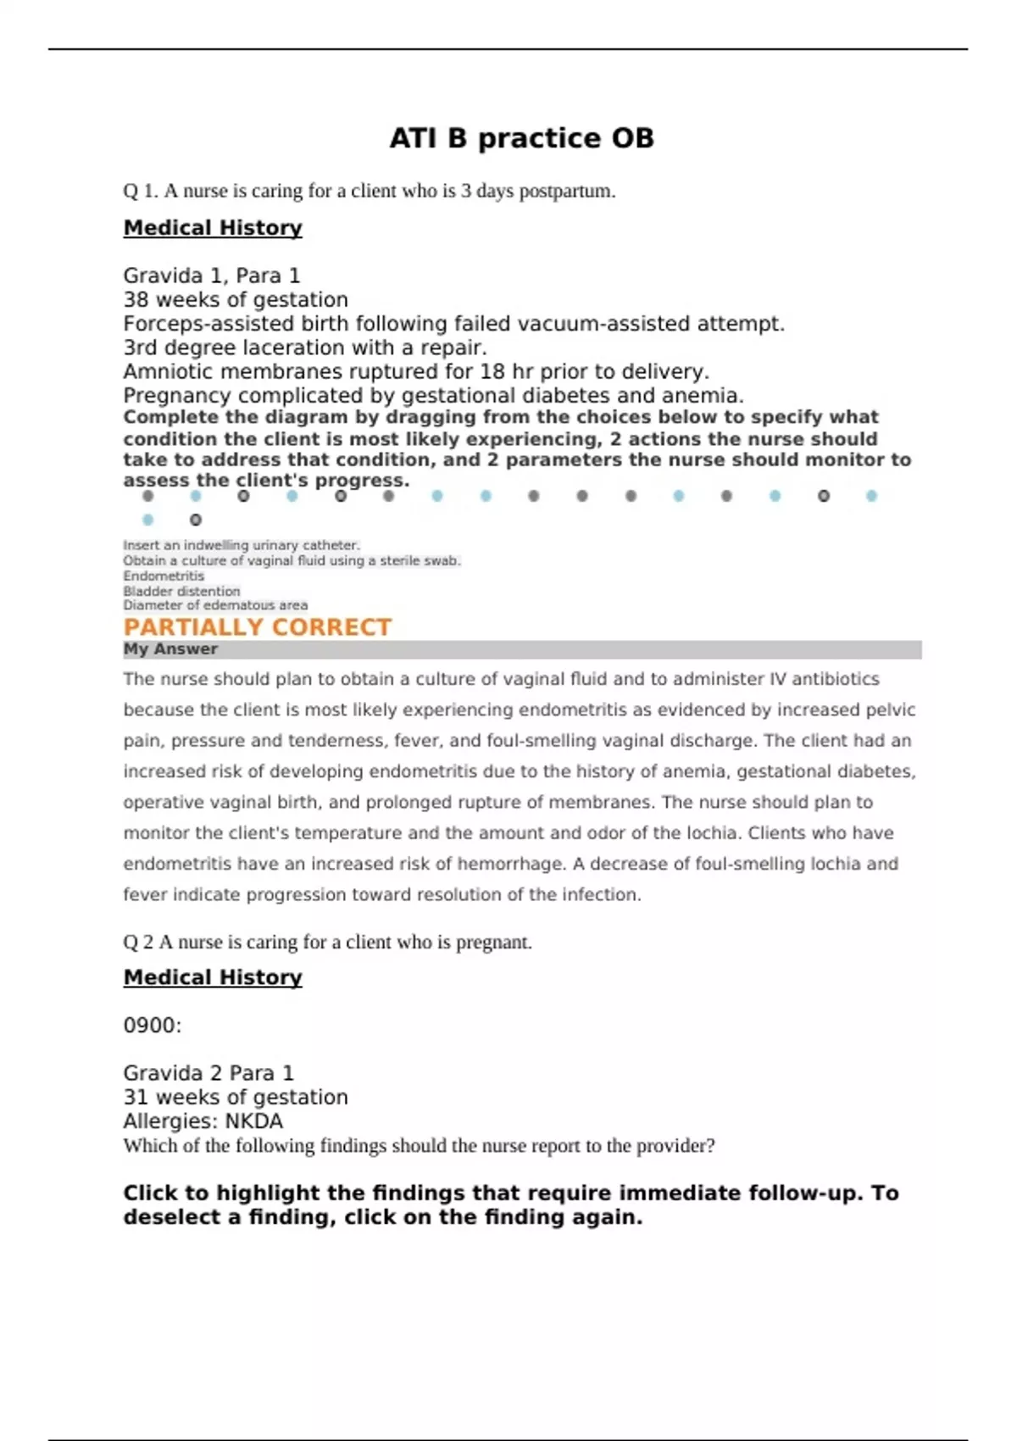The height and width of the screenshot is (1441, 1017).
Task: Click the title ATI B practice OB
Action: point(521,138)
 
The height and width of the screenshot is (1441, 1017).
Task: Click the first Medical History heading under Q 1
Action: point(213,228)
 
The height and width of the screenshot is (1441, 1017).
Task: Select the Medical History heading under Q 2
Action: point(213,977)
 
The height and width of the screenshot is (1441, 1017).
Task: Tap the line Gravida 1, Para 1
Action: point(212,275)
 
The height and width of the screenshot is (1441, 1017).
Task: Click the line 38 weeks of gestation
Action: point(236,299)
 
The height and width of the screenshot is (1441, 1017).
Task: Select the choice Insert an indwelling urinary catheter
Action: point(242,545)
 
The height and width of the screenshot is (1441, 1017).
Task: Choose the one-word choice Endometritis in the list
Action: point(164,576)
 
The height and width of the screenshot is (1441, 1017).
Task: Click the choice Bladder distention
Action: point(181,591)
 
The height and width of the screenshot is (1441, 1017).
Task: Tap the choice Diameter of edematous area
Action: point(215,605)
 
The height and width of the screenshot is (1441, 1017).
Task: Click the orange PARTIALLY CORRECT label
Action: point(258,627)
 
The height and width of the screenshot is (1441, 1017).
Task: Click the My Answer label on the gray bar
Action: point(170,649)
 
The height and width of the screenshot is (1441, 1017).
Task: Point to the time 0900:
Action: point(153,1026)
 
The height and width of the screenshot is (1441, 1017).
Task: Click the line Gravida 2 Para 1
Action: point(208,1073)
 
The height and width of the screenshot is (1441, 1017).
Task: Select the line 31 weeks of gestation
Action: point(236,1097)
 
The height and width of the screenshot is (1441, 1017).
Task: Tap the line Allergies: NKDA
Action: point(203,1121)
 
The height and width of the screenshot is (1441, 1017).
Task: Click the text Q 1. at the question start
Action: point(141,191)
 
